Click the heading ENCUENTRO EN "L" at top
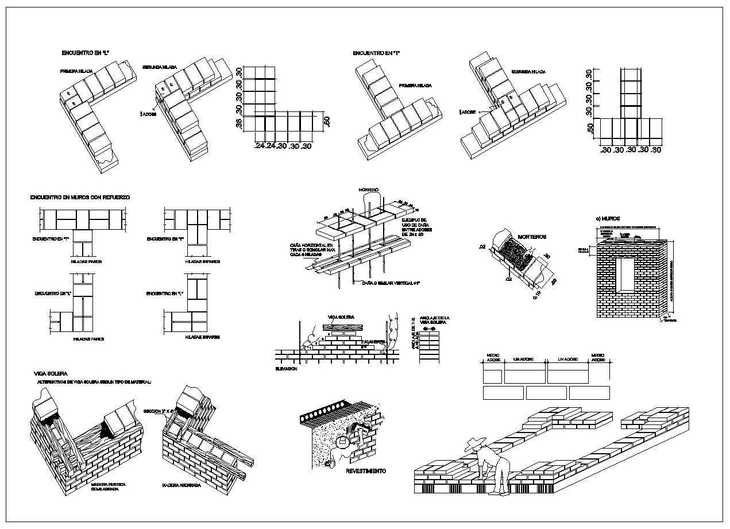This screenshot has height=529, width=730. point(86,53)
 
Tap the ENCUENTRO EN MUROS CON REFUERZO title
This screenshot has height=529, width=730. point(80,197)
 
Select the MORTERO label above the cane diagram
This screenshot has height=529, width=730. point(369,189)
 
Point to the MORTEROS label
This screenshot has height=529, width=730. point(532,237)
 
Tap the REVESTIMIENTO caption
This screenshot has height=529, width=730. point(366,471)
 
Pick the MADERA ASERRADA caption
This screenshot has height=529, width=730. point(181,485)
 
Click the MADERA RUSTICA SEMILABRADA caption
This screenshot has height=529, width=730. point(109,486)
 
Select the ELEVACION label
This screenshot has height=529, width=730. point(286,368)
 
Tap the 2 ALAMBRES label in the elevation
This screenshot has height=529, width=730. point(373,342)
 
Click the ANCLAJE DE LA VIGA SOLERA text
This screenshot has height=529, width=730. point(435,321)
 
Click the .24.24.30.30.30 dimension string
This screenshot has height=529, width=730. point(283,146)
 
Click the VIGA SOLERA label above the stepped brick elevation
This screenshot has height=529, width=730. point(341,317)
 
